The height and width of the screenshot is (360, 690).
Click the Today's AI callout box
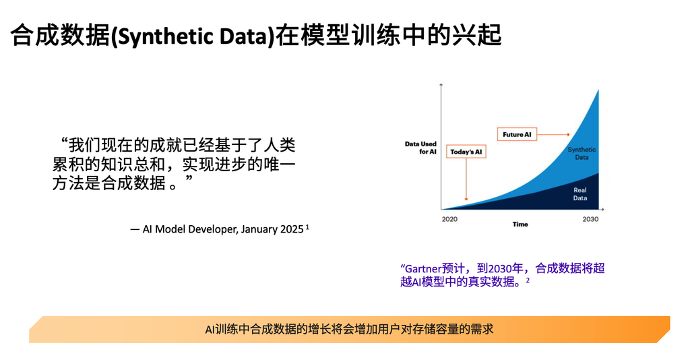pos(466,152)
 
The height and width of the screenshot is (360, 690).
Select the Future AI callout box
pos(517,134)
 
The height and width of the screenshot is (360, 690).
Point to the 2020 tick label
pos(449,219)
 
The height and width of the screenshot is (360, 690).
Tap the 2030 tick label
pos(590,219)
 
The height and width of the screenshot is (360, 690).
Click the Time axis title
pos(520,224)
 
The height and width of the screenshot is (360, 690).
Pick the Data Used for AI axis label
pos(420,148)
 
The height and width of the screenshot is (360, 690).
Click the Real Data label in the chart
pos(580,194)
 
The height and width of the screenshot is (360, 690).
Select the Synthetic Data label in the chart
pos(582,153)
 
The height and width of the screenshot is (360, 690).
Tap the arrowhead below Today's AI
pos(466,199)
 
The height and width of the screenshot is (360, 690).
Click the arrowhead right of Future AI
pos(568,134)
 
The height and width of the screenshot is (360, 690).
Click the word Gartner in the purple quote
pos(423,268)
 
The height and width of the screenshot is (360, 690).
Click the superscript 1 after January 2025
pos(307,227)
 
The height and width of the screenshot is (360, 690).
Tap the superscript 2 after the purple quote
pos(528,280)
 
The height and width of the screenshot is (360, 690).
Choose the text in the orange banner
pos(349,329)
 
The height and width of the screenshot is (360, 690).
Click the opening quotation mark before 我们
pos(64,142)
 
